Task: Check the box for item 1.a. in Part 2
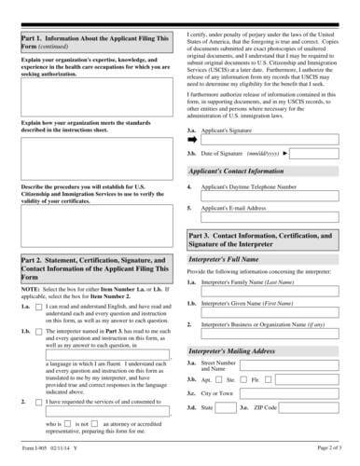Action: click(38, 305)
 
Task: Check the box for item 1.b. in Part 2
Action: click(38, 332)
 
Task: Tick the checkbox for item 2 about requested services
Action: click(38, 401)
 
